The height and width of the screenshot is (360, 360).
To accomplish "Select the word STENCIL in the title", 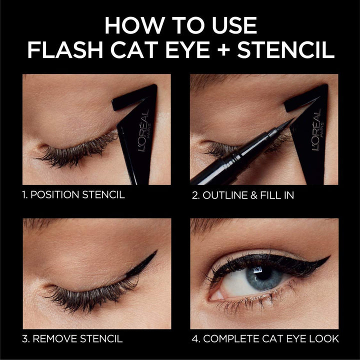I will tap(293, 50).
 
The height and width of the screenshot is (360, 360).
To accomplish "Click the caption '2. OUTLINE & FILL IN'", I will tap(243, 195).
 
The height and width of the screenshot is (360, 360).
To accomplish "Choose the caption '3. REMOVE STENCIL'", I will tap(72, 339).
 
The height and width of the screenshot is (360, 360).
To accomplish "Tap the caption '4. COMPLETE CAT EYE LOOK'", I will tap(265, 339).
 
